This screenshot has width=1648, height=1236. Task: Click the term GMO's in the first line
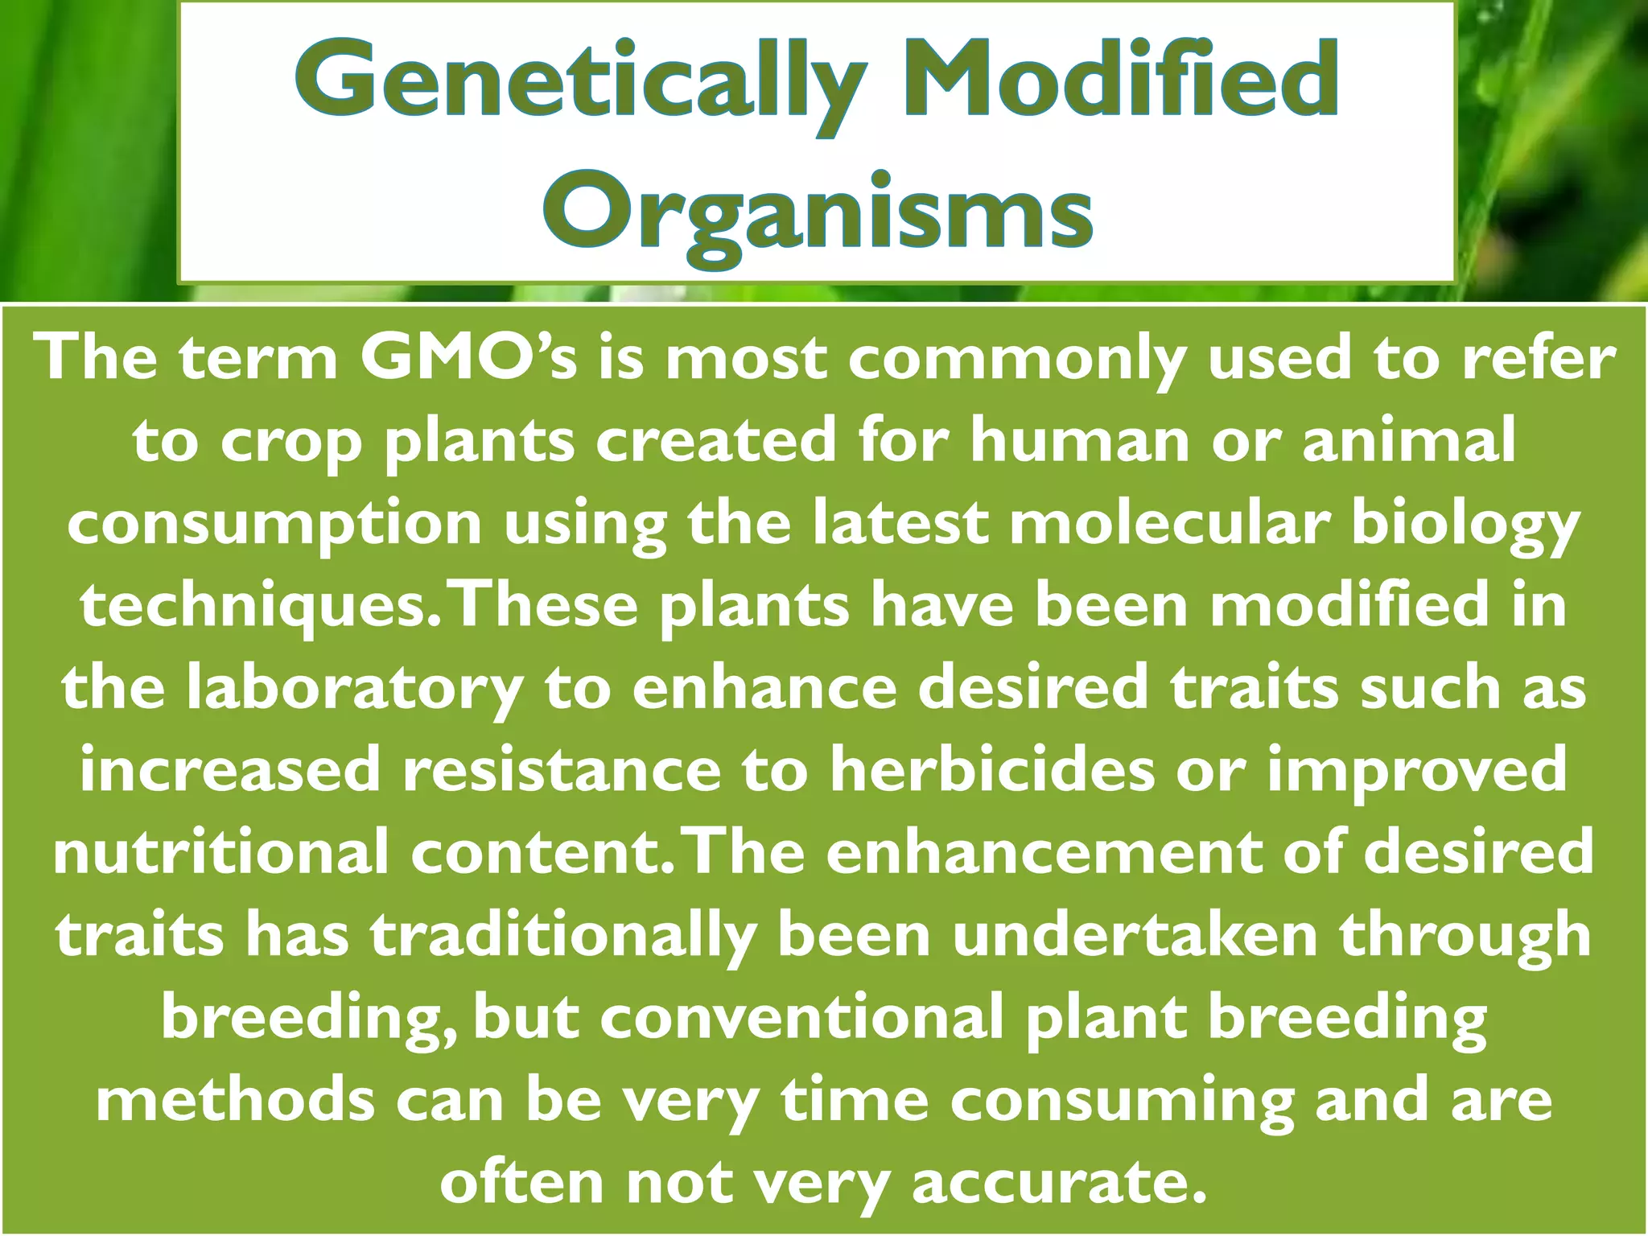[468, 359]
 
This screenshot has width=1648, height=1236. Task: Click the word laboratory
[354, 690]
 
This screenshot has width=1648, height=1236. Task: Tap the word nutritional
[221, 853]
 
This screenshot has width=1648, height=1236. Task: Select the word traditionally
[563, 937]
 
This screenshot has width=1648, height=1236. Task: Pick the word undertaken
[1135, 935]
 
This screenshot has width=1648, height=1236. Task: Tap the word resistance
[562, 770]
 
